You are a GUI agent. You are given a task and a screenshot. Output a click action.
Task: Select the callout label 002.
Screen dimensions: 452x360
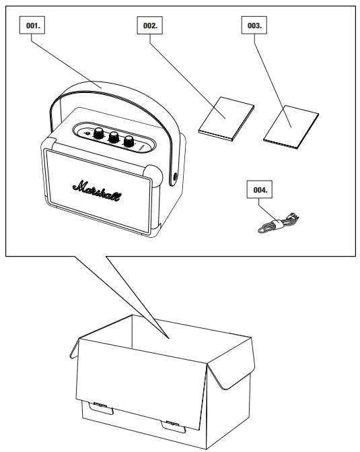[x=150, y=26]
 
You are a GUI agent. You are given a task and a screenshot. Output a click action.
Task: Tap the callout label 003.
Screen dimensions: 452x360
[x=254, y=26]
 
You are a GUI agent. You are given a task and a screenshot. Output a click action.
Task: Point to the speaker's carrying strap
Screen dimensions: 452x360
[x=101, y=88]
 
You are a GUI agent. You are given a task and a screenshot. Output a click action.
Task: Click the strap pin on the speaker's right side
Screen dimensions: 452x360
[x=176, y=177]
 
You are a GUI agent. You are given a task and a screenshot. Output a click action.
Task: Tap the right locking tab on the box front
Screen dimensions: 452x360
[x=172, y=424]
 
